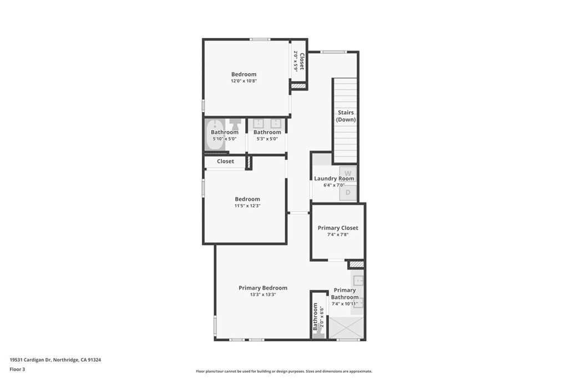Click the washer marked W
tap(348, 174)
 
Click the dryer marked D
tap(348, 193)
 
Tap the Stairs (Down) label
tap(346, 116)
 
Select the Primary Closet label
tap(338, 228)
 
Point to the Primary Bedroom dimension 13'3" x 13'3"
tap(263, 295)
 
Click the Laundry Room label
tap(334, 178)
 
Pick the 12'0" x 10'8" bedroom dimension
tap(244, 81)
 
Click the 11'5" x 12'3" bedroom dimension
tap(247, 206)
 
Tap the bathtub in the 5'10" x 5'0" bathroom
tap(215, 135)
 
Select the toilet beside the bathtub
tap(235, 124)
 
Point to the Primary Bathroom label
tap(345, 294)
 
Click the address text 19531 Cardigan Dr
tap(31, 360)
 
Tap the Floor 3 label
tap(17, 370)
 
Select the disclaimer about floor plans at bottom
tap(284, 371)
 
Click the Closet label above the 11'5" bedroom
tap(225, 161)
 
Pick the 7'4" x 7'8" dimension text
tap(338, 234)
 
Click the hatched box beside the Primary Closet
tap(356, 265)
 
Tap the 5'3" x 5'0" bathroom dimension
tap(267, 139)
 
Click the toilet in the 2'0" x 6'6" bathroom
tap(319, 335)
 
